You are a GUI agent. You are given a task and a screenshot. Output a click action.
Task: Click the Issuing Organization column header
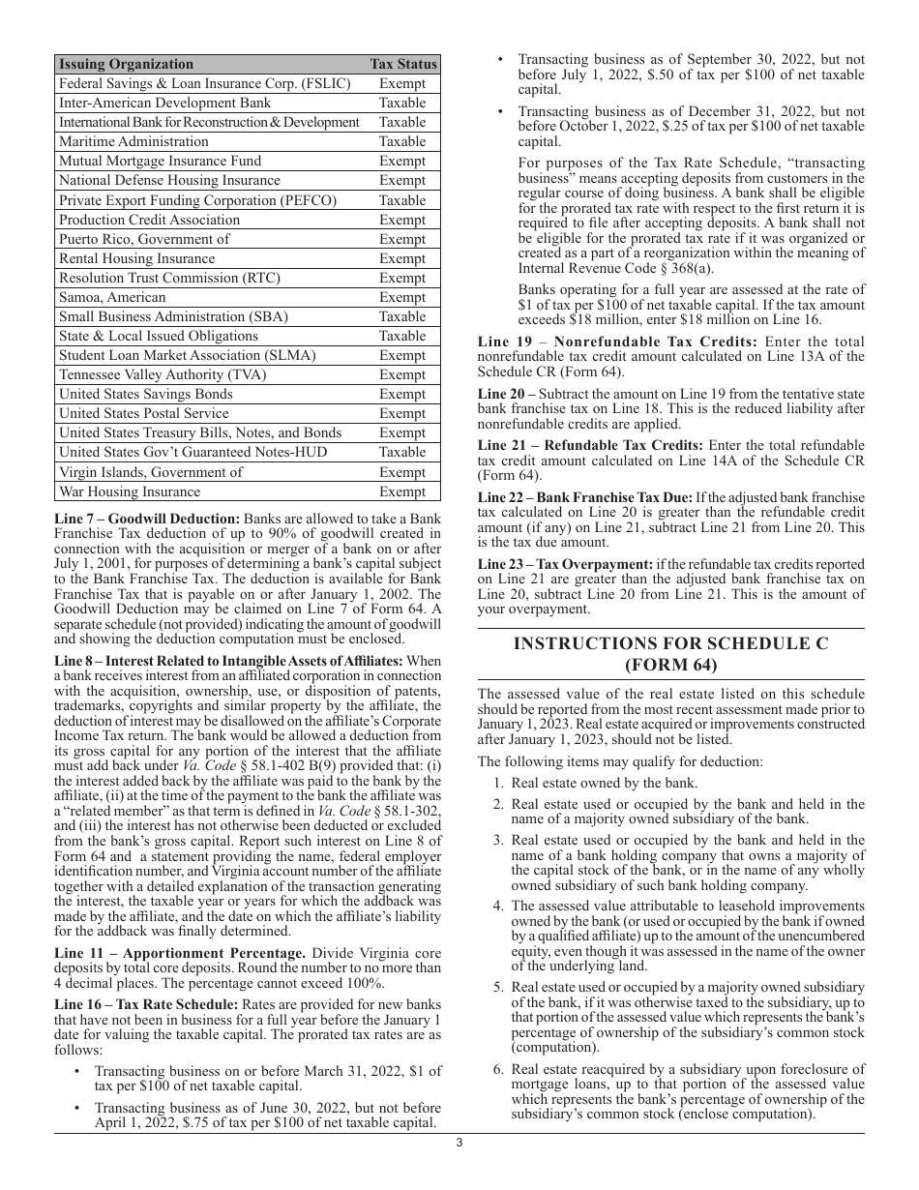(x=126, y=64)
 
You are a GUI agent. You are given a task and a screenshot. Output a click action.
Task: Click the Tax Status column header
(x=402, y=64)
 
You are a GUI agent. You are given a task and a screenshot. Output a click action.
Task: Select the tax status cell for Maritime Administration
(x=402, y=141)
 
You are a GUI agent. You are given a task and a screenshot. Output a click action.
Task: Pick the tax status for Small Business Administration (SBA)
(x=402, y=316)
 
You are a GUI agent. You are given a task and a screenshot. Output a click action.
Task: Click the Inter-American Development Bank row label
(x=164, y=103)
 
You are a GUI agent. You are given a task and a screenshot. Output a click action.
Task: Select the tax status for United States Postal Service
(x=402, y=413)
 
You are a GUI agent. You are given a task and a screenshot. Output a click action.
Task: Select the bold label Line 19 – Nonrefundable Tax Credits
(x=617, y=342)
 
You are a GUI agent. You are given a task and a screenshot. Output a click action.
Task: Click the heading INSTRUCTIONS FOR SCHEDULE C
(x=670, y=643)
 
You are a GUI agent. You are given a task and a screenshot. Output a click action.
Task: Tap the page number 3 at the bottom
(x=459, y=1143)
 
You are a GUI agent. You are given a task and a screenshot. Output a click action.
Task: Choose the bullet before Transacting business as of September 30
(x=499, y=60)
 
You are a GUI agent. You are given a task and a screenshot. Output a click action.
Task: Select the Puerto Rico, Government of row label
(x=144, y=239)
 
